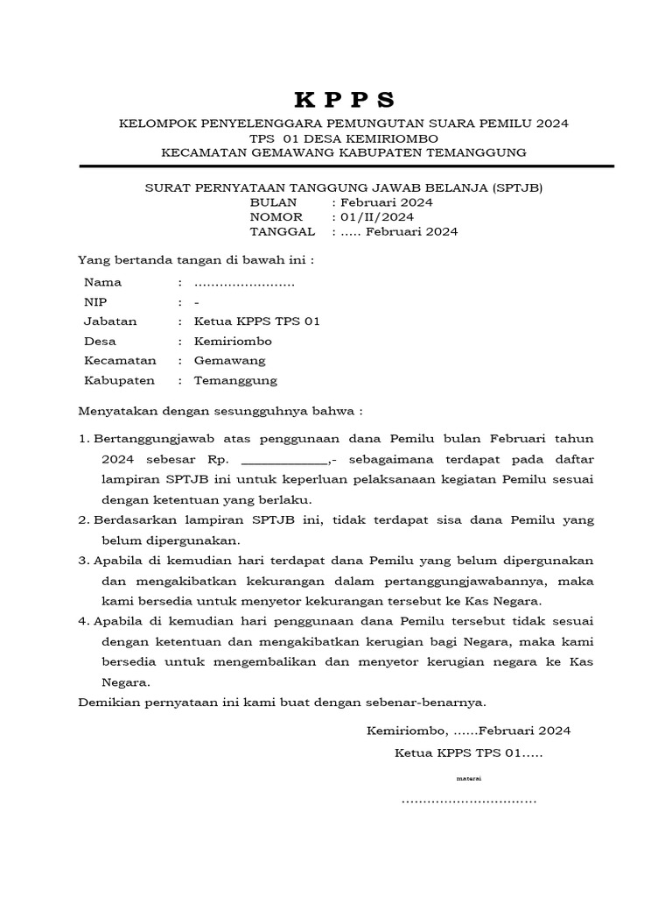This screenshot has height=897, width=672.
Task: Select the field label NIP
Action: click(94, 302)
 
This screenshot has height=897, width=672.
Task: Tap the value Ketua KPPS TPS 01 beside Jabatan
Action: click(256, 321)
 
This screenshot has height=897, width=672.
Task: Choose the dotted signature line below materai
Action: click(468, 801)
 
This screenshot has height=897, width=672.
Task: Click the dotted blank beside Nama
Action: click(244, 283)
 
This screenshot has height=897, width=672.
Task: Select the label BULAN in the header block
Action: click(274, 201)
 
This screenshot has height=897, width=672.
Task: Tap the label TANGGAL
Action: click(282, 232)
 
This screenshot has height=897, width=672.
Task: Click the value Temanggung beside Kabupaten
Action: click(235, 380)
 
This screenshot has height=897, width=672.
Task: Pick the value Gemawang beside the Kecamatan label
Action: click(229, 361)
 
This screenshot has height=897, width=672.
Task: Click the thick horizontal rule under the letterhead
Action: click(346, 166)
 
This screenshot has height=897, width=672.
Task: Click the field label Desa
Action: click(100, 341)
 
